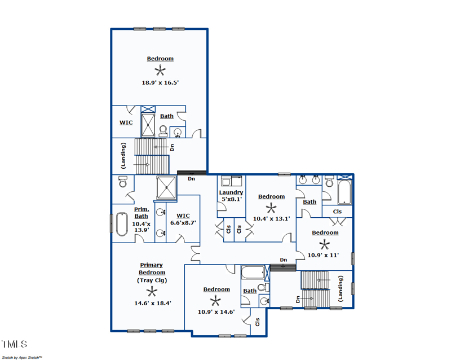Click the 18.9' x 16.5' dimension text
(160, 82)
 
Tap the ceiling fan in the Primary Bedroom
(152, 291)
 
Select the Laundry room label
(231, 192)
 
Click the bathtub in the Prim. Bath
(121, 224)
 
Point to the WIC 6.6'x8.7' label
(183, 219)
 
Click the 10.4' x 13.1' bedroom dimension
(271, 218)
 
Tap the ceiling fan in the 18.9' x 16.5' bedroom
(161, 70)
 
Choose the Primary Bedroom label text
(152, 269)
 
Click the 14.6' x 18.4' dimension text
(152, 303)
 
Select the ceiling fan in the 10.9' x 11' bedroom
(325, 244)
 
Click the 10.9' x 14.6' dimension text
(216, 311)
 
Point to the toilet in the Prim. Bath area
(123, 182)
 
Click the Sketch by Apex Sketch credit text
(23, 357)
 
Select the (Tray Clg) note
(152, 280)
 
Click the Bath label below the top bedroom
(167, 116)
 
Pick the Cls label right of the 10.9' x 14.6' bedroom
(258, 322)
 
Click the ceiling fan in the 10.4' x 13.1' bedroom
(271, 207)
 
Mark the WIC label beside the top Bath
(126, 122)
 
